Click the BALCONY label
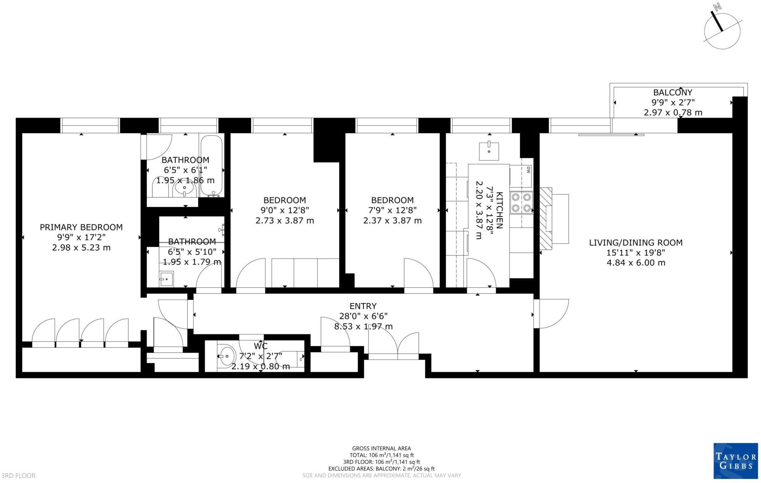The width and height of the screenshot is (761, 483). pos(672,92)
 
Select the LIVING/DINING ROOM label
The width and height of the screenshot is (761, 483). pos(635,242)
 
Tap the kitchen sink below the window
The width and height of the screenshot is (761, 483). pos(489,151)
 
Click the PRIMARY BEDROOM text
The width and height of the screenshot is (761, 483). pos(81,227)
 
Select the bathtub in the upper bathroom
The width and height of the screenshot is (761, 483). pos(211,166)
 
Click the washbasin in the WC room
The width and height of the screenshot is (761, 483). pos(226,356)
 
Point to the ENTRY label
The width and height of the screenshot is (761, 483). pos(363,306)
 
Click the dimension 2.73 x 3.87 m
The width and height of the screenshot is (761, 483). pos(284,220)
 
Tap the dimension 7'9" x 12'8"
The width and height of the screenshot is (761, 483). pos(392,210)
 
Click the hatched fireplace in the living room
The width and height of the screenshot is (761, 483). pos(546,218)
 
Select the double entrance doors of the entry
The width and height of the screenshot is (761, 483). pos(393,346)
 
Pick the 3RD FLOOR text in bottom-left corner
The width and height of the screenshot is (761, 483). pos(18,475)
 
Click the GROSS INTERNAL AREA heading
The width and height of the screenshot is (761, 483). pos(381,448)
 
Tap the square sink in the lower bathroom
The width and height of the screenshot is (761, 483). pos(166,279)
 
